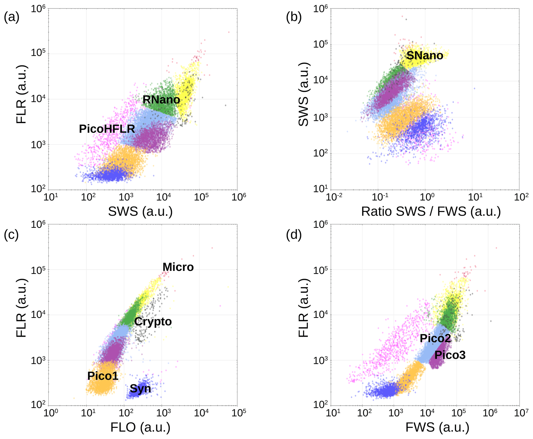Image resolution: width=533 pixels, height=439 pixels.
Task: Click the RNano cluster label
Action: tap(161, 100)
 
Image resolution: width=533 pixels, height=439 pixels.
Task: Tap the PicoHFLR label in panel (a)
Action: tap(107, 129)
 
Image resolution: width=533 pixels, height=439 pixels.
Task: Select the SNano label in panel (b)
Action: tap(424, 56)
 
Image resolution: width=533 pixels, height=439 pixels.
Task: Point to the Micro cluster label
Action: tap(178, 267)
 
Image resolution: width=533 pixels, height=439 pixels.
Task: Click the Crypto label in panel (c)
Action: tap(153, 322)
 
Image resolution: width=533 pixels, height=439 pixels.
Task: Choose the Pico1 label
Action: tap(103, 376)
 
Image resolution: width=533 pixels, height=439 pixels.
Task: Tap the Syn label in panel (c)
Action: tap(140, 388)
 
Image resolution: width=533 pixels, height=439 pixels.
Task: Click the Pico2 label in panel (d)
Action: tap(435, 338)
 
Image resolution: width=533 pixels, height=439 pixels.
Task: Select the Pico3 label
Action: tap(450, 355)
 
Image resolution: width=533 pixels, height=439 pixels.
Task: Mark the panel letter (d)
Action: tap(294, 234)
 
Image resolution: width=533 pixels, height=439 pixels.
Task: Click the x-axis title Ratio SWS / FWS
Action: tap(431, 211)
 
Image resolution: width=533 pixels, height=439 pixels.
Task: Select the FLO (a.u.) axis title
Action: tap(140, 427)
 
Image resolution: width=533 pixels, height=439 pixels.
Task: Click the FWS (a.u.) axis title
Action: tap(437, 427)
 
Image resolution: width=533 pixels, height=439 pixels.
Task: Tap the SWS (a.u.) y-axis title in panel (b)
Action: tap(304, 95)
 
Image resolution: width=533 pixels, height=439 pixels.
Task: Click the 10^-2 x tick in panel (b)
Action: tap(334, 197)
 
